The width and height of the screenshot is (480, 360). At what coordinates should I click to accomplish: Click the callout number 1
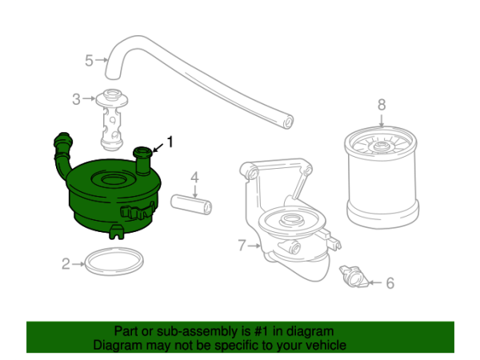coord(169,142)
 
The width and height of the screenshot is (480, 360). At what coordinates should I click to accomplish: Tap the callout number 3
coord(77,99)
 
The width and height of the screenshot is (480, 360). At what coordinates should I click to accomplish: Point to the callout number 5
coord(90,58)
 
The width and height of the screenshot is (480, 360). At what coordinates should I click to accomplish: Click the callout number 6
coord(390,282)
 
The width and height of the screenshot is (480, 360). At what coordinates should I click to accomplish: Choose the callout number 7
coord(242,246)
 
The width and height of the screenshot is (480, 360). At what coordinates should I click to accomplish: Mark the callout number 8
coord(382,104)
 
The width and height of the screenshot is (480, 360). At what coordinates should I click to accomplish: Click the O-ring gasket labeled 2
coord(115,262)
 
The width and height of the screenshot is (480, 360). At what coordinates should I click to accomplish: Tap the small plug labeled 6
coord(353,276)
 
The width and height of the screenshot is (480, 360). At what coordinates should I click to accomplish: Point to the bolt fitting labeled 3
coord(113,120)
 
